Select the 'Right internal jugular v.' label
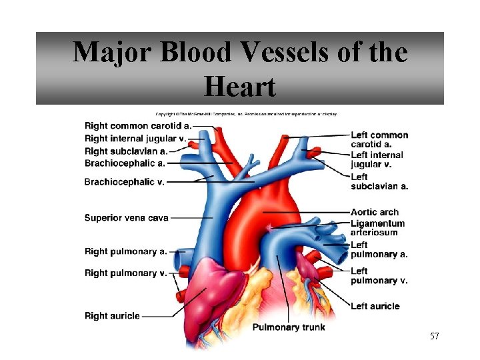(135, 139)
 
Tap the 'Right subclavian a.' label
(125, 151)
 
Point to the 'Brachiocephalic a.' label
(125, 163)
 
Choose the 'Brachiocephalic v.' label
(124, 181)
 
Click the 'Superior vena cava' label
(127, 217)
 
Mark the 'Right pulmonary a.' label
(125, 251)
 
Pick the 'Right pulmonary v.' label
(125, 272)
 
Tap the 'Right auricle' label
(112, 315)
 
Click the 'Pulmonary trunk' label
(289, 327)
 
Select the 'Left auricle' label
(375, 306)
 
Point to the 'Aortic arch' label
(375, 212)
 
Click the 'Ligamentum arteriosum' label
(377, 227)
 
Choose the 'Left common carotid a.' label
(379, 139)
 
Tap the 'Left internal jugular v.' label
(377, 159)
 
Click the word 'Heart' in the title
(239, 86)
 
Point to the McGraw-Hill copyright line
(247, 114)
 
